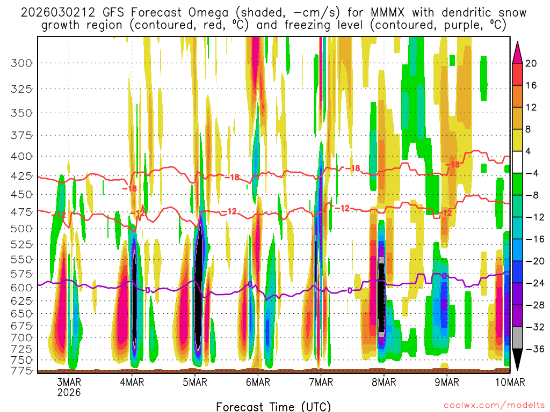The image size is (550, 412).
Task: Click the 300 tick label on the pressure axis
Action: click(21, 63)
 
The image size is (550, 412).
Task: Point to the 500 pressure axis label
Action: click(21, 229)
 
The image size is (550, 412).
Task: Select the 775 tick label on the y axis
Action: click(21, 371)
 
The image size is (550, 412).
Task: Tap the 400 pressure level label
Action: click(21, 156)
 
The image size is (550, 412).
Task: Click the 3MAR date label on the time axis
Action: click(69, 382)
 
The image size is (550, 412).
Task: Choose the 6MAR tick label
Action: click(258, 382)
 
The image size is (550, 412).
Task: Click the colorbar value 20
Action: click(531, 63)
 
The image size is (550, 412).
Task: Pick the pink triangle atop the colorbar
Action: click(518, 51)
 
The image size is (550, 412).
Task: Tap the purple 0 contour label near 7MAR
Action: click(350, 290)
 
